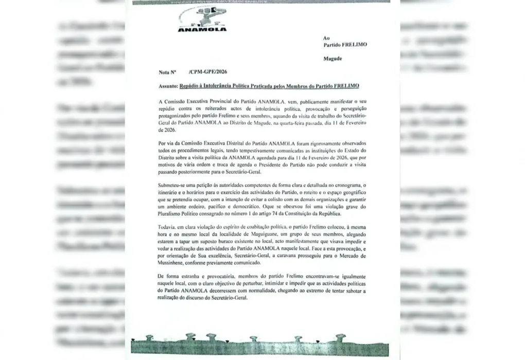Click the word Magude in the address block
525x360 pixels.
[x=332, y=59]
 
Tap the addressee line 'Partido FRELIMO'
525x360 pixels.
[x=345, y=45]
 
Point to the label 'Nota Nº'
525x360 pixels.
[x=168, y=73]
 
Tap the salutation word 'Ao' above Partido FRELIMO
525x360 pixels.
[x=326, y=38]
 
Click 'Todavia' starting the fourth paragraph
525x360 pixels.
[x=168, y=226]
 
